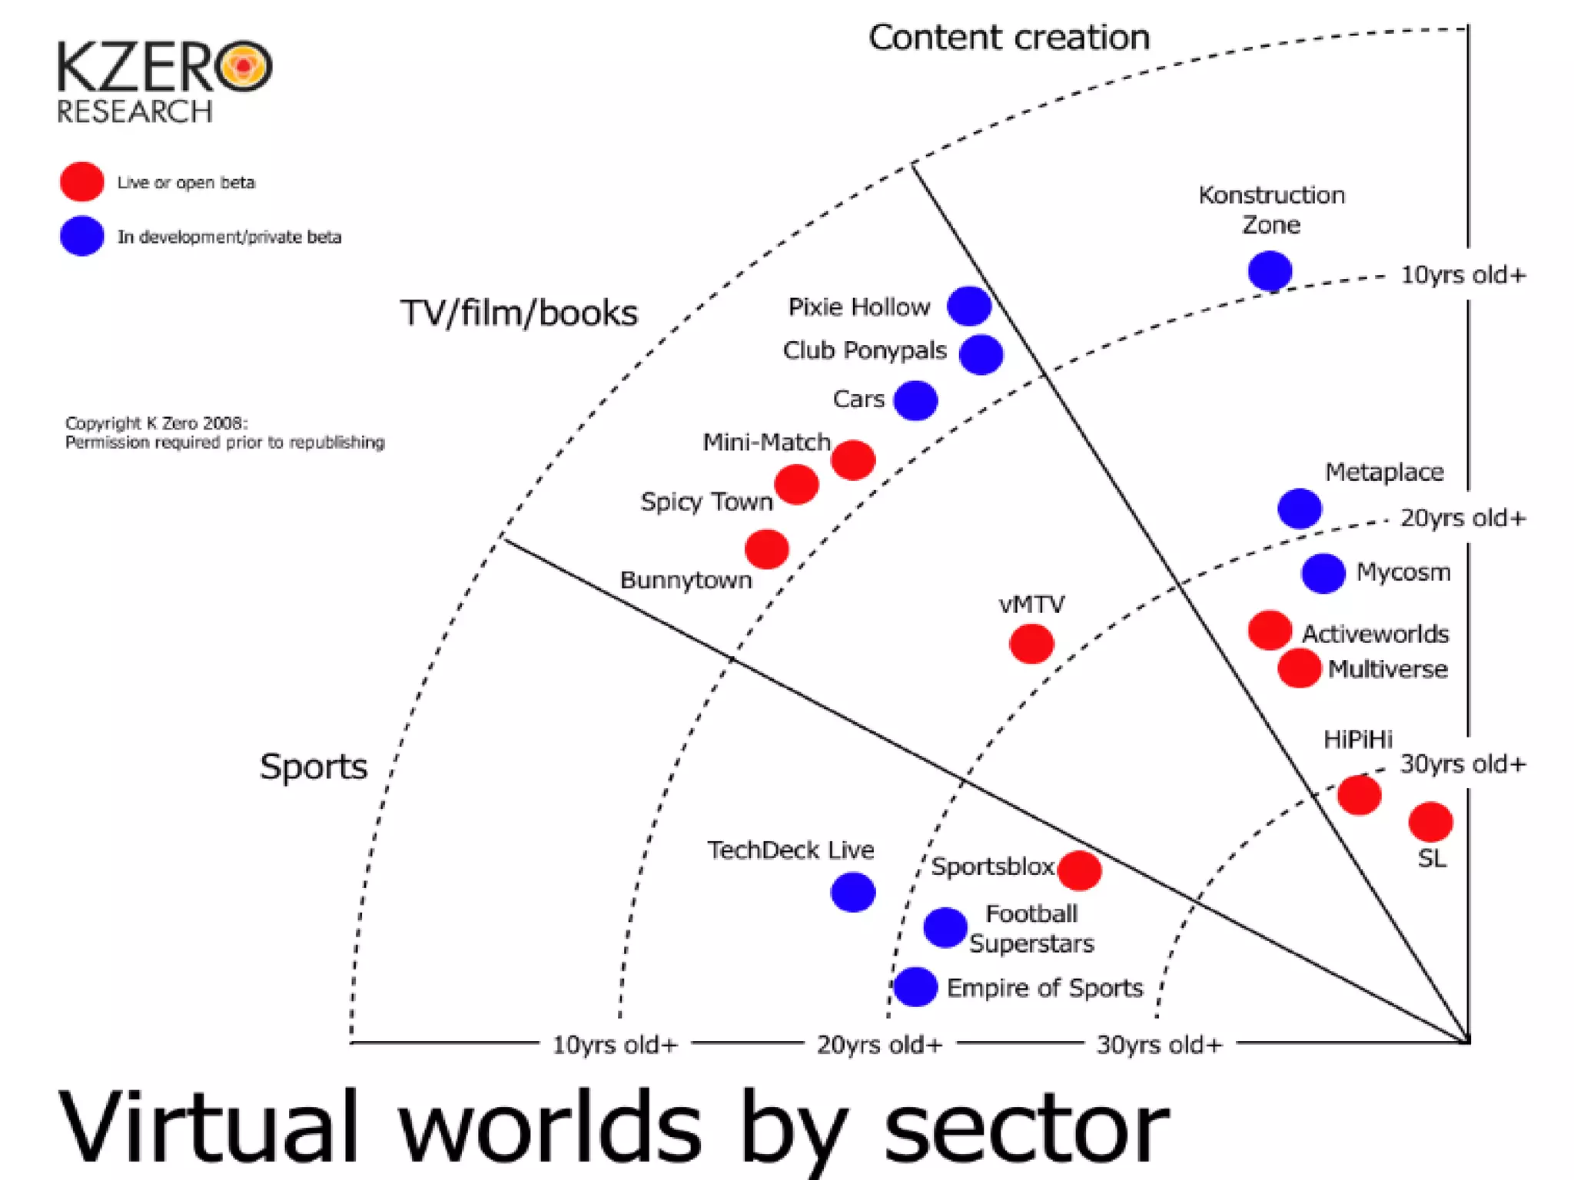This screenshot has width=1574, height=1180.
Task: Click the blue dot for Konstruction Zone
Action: [x=1270, y=271]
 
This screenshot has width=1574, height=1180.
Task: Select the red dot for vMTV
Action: [x=1031, y=644]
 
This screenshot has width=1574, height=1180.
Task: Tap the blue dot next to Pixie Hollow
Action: [x=969, y=307]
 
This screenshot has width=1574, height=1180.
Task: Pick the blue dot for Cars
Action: [x=915, y=400]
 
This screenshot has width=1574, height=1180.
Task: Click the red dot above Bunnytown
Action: [x=767, y=549]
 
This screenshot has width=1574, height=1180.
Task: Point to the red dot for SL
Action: [x=1430, y=822]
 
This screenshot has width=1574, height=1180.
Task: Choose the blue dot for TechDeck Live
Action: [x=853, y=892]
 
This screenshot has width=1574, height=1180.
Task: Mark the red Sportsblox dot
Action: [x=1079, y=870]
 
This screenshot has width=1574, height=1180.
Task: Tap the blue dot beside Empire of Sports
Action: [x=915, y=987]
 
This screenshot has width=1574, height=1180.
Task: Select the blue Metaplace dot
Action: [x=1300, y=509]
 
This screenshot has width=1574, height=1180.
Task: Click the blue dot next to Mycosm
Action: [x=1323, y=573]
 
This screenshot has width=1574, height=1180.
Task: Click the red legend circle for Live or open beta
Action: [x=82, y=182]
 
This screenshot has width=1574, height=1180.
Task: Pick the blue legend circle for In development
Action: [x=82, y=236]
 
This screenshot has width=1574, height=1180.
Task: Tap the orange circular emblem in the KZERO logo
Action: [x=244, y=67]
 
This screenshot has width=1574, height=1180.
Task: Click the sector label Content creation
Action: [x=1008, y=38]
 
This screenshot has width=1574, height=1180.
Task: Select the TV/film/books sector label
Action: [x=519, y=313]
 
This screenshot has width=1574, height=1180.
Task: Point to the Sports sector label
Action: [x=314, y=767]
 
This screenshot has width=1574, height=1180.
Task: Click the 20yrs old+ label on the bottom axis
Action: [x=879, y=1045]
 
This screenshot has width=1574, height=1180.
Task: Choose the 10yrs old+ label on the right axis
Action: [x=1463, y=275]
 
